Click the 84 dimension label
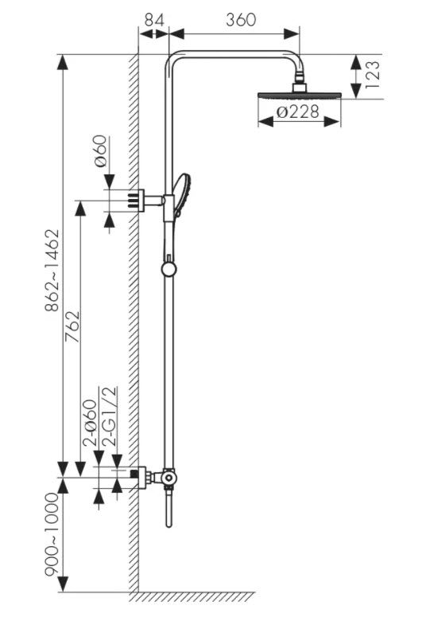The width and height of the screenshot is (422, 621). click(154, 20)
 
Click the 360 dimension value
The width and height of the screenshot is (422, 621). click(241, 20)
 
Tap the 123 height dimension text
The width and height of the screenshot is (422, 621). click(373, 74)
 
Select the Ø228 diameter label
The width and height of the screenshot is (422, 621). click(298, 111)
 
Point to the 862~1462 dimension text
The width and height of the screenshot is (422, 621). click(52, 271)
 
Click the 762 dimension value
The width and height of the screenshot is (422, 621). click(72, 326)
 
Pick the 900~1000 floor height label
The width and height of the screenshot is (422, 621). click(52, 533)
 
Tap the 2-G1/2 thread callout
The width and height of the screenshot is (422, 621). click(110, 416)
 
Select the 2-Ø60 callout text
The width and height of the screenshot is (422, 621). click(89, 424)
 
